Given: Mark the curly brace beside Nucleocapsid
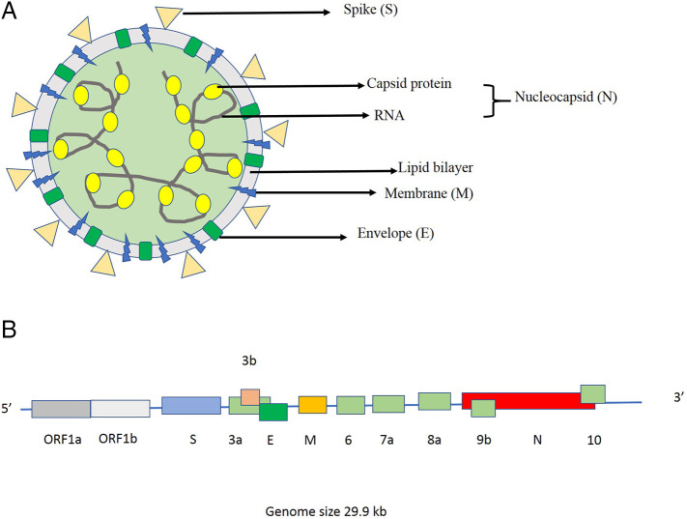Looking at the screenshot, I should point(499,100).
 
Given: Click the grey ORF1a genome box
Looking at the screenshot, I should point(61,409).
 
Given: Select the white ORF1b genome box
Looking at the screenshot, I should point(120,409).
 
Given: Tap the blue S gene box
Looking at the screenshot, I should point(191,406).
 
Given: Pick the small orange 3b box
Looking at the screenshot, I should point(250,397).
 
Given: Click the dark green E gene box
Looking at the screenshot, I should point(273,412).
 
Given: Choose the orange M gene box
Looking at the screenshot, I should point(312,405).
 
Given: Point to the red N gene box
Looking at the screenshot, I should point(541,401).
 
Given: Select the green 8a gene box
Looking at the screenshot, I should point(434,401).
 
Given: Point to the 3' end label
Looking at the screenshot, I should point(666,397).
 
